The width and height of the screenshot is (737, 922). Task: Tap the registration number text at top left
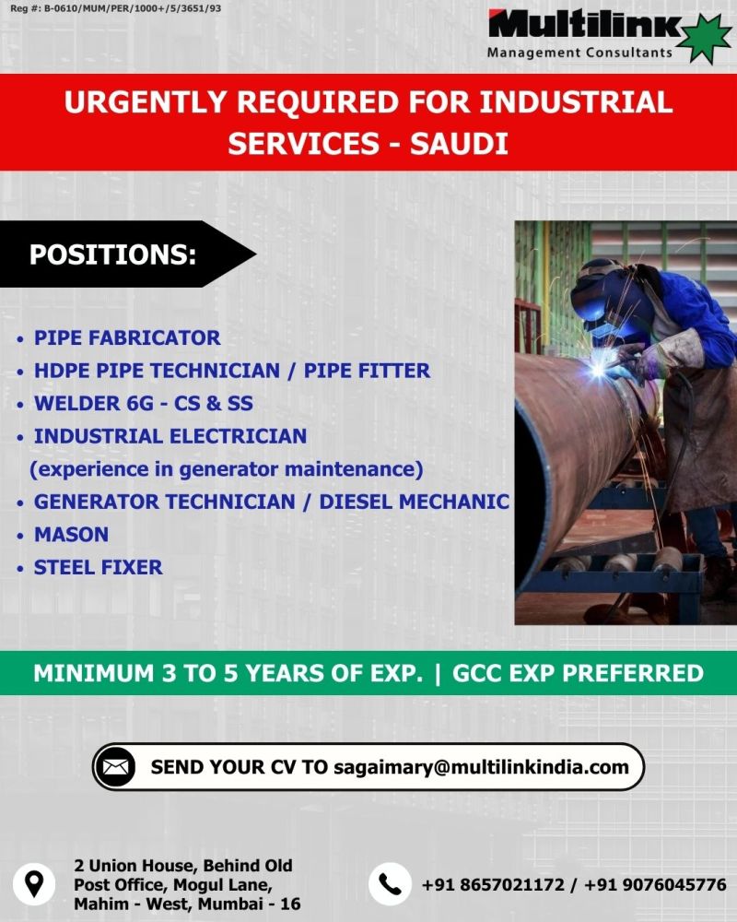pyautogui.click(x=116, y=9)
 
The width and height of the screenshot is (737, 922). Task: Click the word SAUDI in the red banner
pyautogui.click(x=459, y=144)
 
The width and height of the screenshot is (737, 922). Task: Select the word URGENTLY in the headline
pyautogui.click(x=146, y=101)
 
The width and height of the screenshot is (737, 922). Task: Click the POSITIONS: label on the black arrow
pyautogui.click(x=112, y=254)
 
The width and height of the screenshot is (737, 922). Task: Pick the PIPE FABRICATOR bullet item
pyautogui.click(x=127, y=338)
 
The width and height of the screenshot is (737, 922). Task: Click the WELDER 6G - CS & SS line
pyautogui.click(x=144, y=404)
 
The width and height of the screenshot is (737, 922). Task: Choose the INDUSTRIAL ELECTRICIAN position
pyautogui.click(x=170, y=436)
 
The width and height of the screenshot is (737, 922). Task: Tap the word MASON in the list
pyautogui.click(x=71, y=535)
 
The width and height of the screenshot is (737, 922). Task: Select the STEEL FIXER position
pyautogui.click(x=99, y=567)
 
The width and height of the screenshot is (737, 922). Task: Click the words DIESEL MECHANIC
pyautogui.click(x=415, y=502)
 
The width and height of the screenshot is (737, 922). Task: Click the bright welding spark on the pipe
pyautogui.click(x=597, y=370)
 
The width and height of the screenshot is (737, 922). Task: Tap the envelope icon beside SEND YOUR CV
pyautogui.click(x=115, y=767)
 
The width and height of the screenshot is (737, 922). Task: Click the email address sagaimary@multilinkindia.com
pyautogui.click(x=481, y=767)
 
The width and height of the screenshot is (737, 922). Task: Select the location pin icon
pyautogui.click(x=34, y=884)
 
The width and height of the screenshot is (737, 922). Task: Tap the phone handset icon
pyautogui.click(x=390, y=884)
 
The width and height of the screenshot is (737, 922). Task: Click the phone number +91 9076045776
pyautogui.click(x=655, y=884)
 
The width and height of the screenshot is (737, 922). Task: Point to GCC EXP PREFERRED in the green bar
pyautogui.click(x=578, y=673)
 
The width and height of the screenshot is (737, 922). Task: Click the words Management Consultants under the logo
pyautogui.click(x=579, y=53)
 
